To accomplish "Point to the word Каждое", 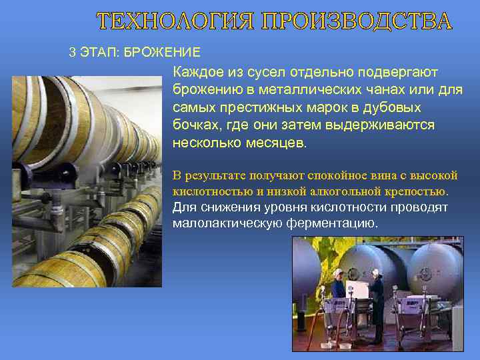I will click(x=198, y=71).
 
